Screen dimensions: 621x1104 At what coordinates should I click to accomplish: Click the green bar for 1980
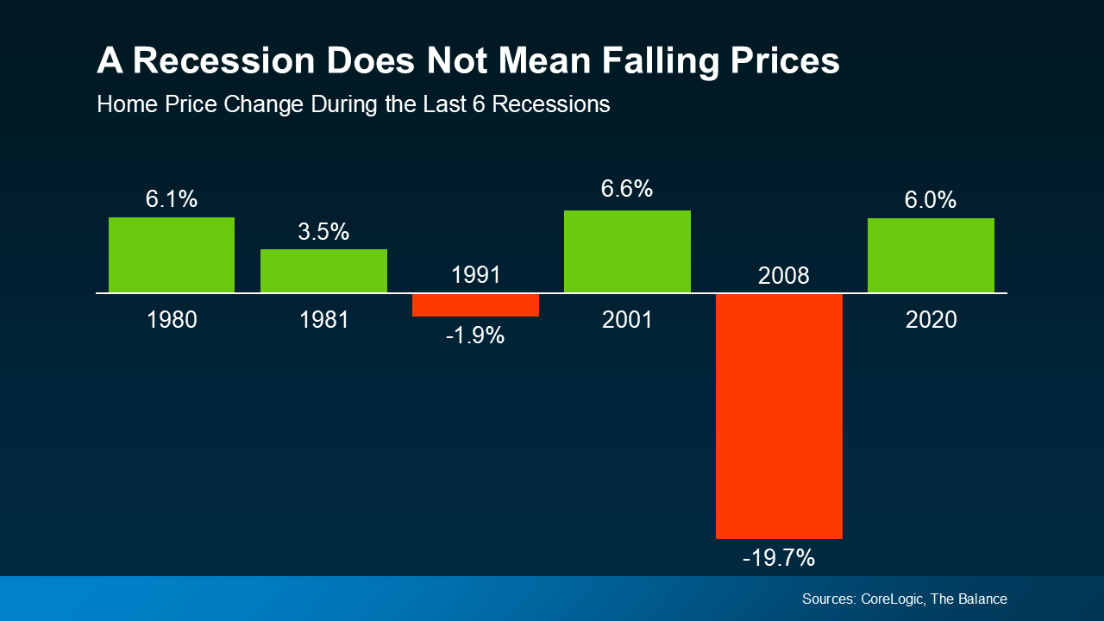[172, 255]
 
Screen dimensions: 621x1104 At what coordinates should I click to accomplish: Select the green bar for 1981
[323, 271]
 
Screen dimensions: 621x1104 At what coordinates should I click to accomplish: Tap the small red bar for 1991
[475, 305]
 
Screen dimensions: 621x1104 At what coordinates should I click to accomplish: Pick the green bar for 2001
[627, 252]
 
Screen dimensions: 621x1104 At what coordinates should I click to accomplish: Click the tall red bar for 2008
[779, 416]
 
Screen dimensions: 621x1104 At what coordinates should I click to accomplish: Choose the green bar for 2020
[931, 255]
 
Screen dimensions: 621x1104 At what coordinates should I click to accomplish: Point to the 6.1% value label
[172, 199]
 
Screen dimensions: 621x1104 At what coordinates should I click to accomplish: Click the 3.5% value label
[323, 232]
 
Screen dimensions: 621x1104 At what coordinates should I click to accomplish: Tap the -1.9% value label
[475, 336]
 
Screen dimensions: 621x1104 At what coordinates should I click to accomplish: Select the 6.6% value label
[627, 189]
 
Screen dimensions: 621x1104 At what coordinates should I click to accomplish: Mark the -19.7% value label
[779, 558]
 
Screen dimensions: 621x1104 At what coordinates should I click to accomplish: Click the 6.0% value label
[931, 200]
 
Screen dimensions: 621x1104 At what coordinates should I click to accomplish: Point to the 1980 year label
[172, 320]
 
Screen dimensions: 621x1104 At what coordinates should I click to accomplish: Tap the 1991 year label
[475, 275]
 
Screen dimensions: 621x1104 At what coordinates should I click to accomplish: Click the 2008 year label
[779, 276]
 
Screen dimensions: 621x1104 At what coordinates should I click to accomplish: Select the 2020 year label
[931, 320]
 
